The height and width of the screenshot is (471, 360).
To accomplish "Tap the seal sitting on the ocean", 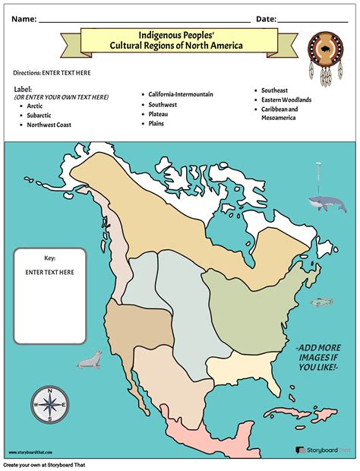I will [x=89, y=360].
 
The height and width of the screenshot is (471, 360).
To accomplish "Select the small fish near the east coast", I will [x=322, y=302].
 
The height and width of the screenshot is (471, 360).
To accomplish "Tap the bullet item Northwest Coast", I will [x=49, y=125].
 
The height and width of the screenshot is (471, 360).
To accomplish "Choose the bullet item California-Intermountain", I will [x=181, y=94].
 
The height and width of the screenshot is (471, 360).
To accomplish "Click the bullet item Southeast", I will [x=275, y=90].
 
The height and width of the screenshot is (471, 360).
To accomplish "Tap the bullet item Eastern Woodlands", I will [x=286, y=100].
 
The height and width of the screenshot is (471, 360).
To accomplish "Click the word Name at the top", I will [x=23, y=18].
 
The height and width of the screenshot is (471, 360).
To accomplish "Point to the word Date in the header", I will [x=266, y=18].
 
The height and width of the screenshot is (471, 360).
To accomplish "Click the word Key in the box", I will [x=49, y=258].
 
